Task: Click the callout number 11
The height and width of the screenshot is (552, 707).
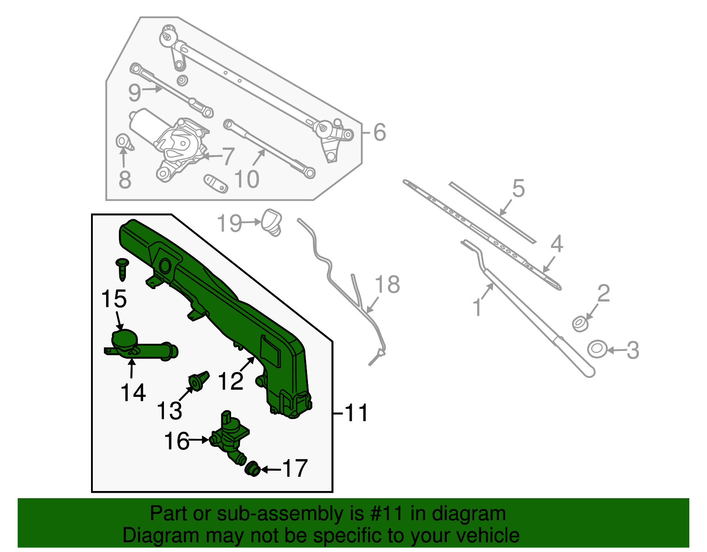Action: point(356,413)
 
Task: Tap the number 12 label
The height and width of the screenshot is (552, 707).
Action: point(231,381)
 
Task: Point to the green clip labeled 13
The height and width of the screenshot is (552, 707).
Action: point(198,381)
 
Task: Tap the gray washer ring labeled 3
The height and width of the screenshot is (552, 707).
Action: point(597,349)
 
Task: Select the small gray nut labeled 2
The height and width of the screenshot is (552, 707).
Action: point(580,324)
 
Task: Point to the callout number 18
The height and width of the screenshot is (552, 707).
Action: point(388,285)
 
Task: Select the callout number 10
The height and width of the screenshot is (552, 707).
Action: point(247,179)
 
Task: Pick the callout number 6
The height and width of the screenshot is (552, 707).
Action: point(380,132)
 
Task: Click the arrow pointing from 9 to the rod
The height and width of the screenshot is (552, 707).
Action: point(153,89)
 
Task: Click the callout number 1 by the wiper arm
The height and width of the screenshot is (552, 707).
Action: point(477,307)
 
